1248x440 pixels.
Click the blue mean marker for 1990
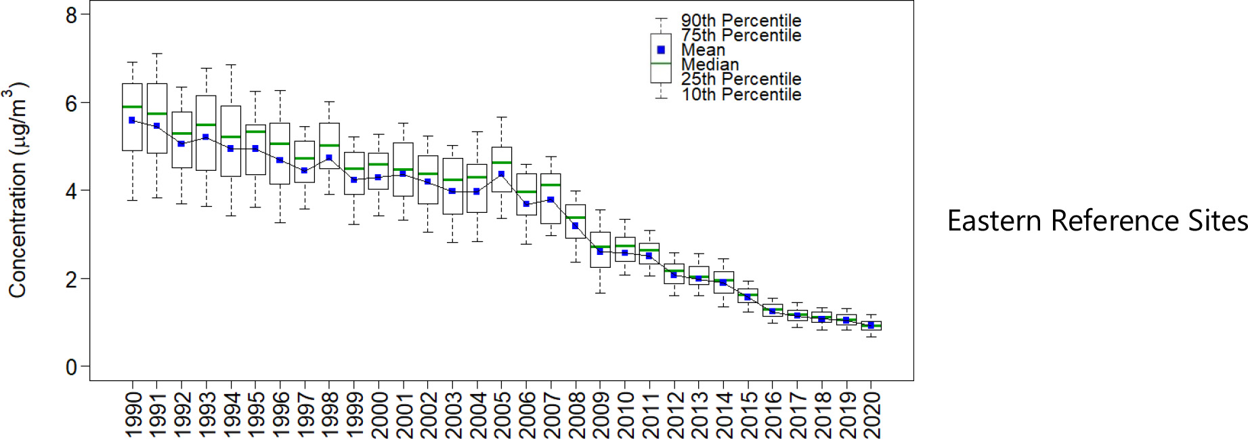pos(132,120)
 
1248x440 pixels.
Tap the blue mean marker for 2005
pos(501,174)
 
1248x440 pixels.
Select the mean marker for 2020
pos(871,325)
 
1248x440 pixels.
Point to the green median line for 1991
pos(156,114)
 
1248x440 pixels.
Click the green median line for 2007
pos(551,185)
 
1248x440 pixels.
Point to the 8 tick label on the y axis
pos(71,15)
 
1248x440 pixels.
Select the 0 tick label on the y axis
pos(71,367)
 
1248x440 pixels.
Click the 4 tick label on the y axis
pos(71,191)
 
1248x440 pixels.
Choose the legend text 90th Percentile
pos(741,21)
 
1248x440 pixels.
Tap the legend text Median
pos(710,64)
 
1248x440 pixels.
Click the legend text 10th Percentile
pos(741,94)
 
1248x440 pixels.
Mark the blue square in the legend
pos(661,50)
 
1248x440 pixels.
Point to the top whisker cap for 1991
pos(156,54)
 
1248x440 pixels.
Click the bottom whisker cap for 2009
pos(600,293)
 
